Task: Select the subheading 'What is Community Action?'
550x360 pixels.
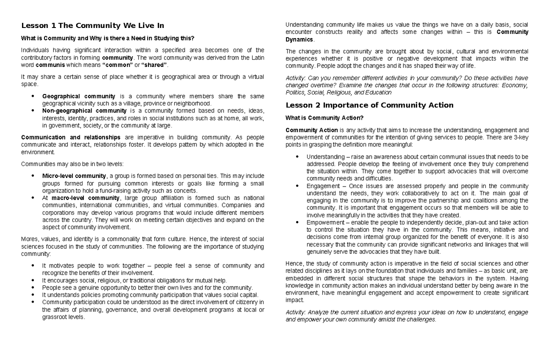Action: (324, 118)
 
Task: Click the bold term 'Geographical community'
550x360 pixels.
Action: (78, 96)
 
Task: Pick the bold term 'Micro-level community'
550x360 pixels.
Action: (74, 176)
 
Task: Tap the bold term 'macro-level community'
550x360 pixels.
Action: (84, 198)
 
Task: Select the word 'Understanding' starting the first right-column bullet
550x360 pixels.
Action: (324, 157)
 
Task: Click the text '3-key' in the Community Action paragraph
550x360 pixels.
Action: (520, 138)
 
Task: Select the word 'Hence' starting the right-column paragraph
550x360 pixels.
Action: (294, 264)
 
